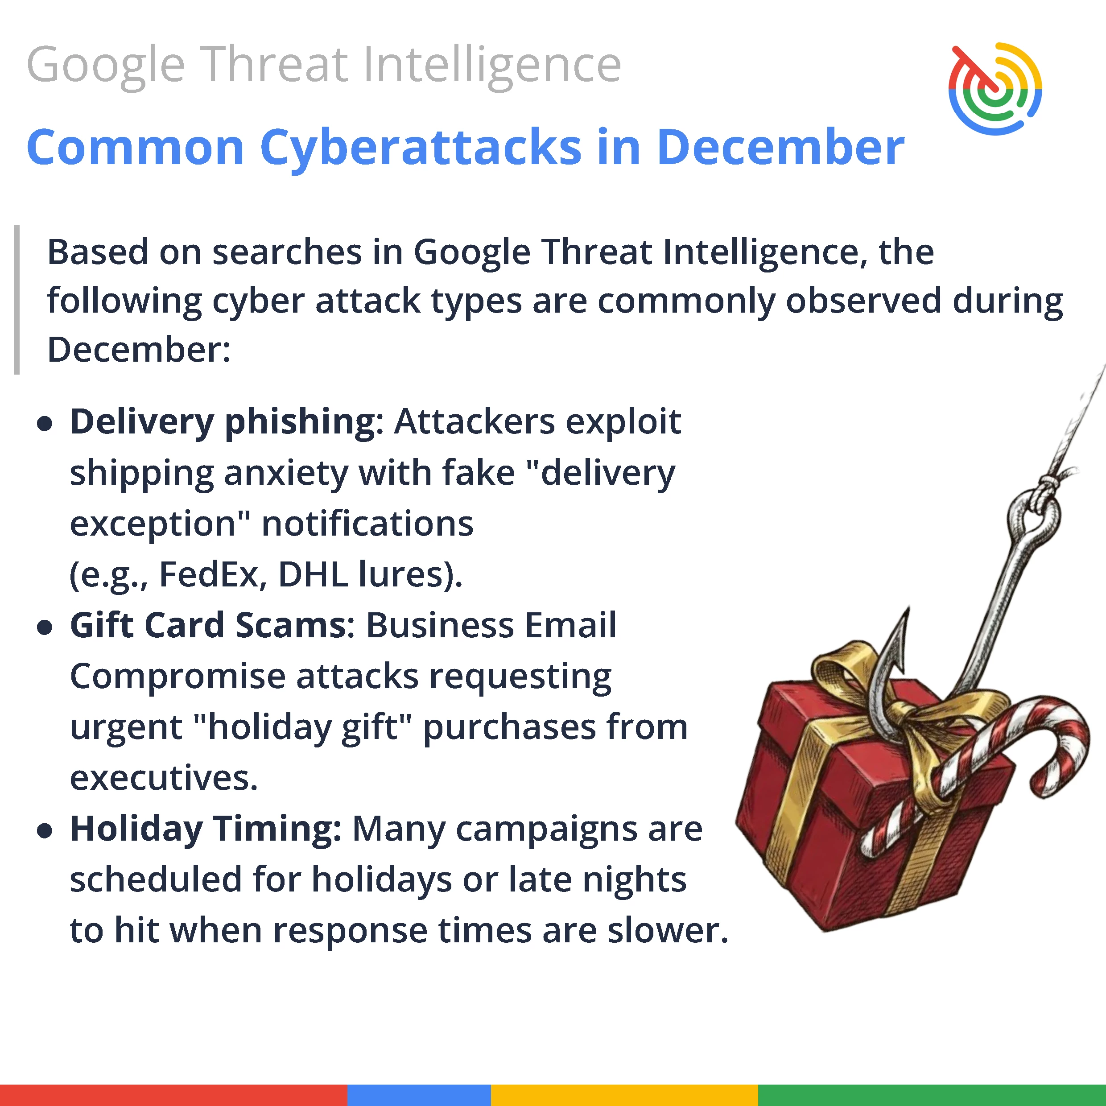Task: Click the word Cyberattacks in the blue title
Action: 421,148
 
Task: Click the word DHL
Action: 313,574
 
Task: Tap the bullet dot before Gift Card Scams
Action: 45,627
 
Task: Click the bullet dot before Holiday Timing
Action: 45,831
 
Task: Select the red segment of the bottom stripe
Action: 173,1094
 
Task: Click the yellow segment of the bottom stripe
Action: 624,1094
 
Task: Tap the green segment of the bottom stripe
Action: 932,1094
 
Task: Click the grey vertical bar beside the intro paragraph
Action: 17,299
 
